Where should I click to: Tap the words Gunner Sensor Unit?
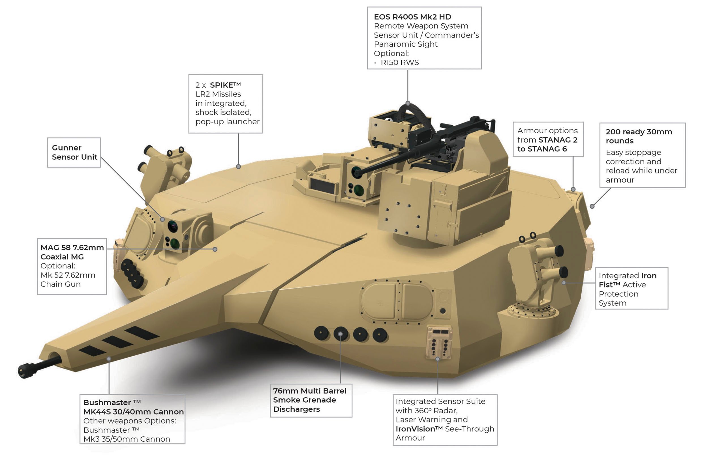click(74, 152)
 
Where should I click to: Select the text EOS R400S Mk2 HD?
click(412, 17)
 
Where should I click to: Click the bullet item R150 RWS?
click(399, 63)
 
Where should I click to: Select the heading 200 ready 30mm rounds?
click(638, 136)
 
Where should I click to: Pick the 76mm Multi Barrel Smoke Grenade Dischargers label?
click(309, 400)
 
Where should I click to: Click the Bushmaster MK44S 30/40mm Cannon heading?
click(133, 407)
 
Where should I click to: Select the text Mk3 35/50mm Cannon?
click(127, 439)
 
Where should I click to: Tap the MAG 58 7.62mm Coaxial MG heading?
click(72, 252)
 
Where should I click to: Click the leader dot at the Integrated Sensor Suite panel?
click(437, 359)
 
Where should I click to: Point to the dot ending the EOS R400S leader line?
click(408, 103)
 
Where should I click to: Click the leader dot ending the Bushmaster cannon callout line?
click(109, 359)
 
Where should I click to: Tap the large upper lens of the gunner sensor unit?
click(173, 226)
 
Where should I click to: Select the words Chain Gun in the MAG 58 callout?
click(60, 284)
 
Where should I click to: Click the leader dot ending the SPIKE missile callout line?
click(238, 167)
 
